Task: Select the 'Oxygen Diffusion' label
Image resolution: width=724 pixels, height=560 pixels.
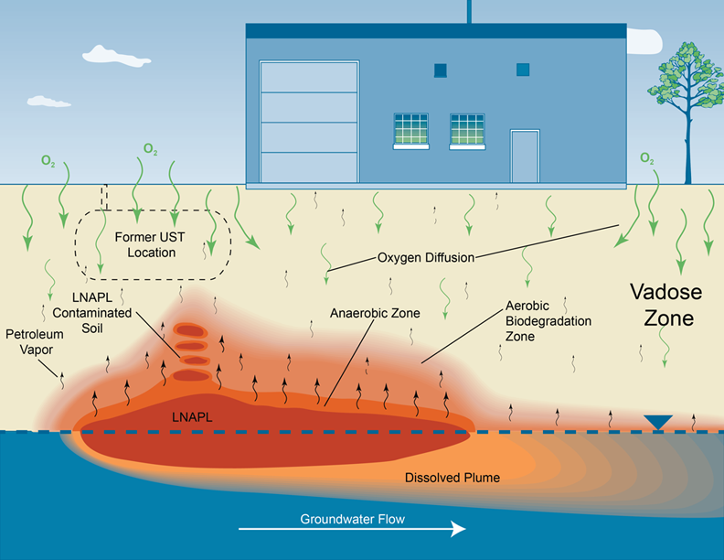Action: point(426,258)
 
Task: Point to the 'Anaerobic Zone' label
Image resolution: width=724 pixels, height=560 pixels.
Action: point(375,313)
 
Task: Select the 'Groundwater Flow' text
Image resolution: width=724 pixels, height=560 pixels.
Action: point(352,519)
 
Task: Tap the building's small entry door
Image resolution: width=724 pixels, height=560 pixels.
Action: point(524,156)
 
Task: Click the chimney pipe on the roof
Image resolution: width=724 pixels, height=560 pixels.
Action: point(469,11)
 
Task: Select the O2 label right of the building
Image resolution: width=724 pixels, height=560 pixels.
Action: point(646,159)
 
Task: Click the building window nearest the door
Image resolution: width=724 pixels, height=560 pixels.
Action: point(467,130)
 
